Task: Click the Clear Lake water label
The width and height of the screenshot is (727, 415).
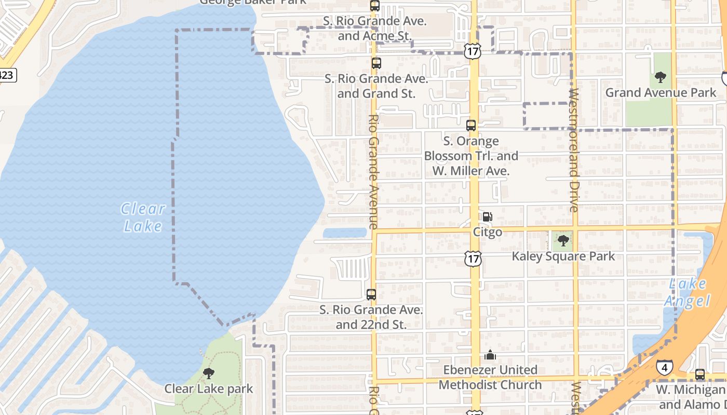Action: pyautogui.click(x=143, y=217)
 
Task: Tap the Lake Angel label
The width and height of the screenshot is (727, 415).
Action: pyautogui.click(x=688, y=293)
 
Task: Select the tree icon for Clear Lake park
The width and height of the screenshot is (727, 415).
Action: pyautogui.click(x=209, y=373)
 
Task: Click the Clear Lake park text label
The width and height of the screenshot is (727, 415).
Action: pyautogui.click(x=209, y=389)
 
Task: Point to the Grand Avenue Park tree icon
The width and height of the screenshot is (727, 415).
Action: pyautogui.click(x=661, y=78)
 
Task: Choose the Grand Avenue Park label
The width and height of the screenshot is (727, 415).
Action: pyautogui.click(x=661, y=93)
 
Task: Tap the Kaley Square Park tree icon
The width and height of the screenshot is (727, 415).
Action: pyautogui.click(x=563, y=241)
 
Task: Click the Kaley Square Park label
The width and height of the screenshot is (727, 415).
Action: pyautogui.click(x=563, y=256)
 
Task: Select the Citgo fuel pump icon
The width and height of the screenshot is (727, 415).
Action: pyautogui.click(x=487, y=217)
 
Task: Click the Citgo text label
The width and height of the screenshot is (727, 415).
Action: pyautogui.click(x=488, y=232)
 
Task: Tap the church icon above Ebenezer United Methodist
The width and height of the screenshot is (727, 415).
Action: pyautogui.click(x=490, y=355)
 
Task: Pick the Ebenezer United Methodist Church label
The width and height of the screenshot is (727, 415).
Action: pyautogui.click(x=490, y=377)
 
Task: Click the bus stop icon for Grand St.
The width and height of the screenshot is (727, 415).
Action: pyautogui.click(x=376, y=63)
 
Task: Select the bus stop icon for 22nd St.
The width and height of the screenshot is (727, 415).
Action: pyautogui.click(x=371, y=295)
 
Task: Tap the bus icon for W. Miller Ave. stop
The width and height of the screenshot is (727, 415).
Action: pyautogui.click(x=471, y=125)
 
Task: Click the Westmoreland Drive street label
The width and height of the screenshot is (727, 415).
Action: pyautogui.click(x=574, y=150)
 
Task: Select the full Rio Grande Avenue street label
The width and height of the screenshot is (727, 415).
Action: pyautogui.click(x=373, y=171)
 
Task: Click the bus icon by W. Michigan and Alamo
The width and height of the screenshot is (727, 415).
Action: pyautogui.click(x=700, y=375)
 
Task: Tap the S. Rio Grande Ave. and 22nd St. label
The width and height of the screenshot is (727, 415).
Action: pyautogui.click(x=371, y=317)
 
